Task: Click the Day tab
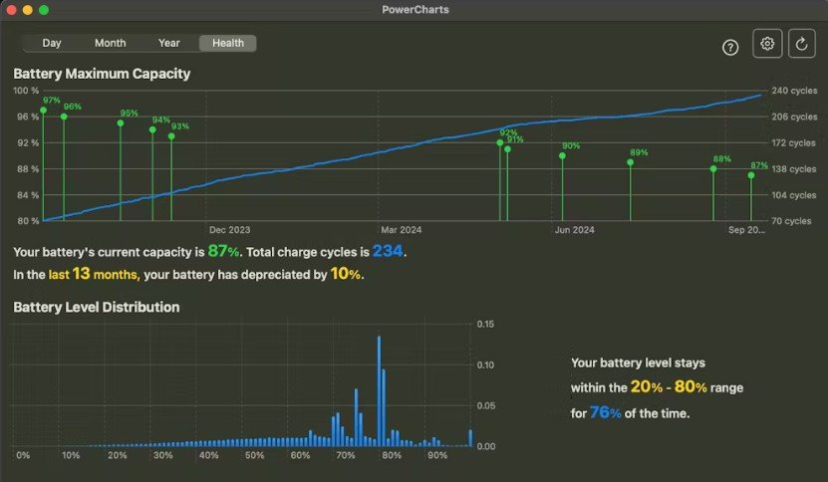pos(52,43)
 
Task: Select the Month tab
pos(110,43)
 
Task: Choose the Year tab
pos(169,43)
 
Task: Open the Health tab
pos(228,43)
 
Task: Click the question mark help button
pos(730,48)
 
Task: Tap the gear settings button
pos(767,43)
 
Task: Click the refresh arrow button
pos(802,43)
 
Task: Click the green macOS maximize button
pos(44,10)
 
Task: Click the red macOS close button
pos(11,10)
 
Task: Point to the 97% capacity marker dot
pos(44,110)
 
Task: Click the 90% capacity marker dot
pos(562,155)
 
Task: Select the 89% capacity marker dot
pos(630,162)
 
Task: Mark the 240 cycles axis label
pos(794,91)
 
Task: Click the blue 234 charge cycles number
pos(388,251)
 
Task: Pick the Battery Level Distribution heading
pos(97,308)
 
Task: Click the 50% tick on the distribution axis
pos(254,456)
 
